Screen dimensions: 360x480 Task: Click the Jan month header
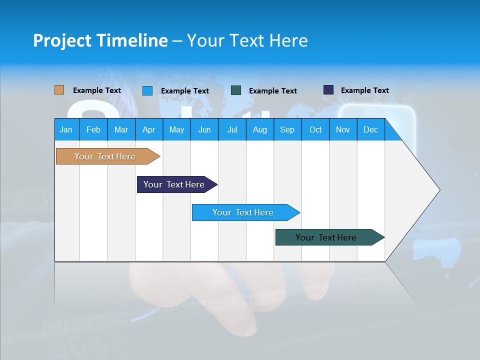point(66,129)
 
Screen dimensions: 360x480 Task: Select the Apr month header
point(148,129)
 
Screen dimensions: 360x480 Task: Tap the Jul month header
point(232,129)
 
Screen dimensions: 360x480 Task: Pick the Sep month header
point(287,129)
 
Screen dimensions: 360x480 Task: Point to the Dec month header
point(370,129)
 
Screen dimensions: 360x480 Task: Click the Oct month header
point(315,129)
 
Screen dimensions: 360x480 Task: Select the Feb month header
point(93,129)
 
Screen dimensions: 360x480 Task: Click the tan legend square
point(59,90)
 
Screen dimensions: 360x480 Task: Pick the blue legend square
point(147,90)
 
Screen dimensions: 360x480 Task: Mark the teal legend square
point(236,90)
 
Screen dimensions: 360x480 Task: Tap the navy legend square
point(328,90)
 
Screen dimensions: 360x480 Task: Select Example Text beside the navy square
point(364,90)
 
